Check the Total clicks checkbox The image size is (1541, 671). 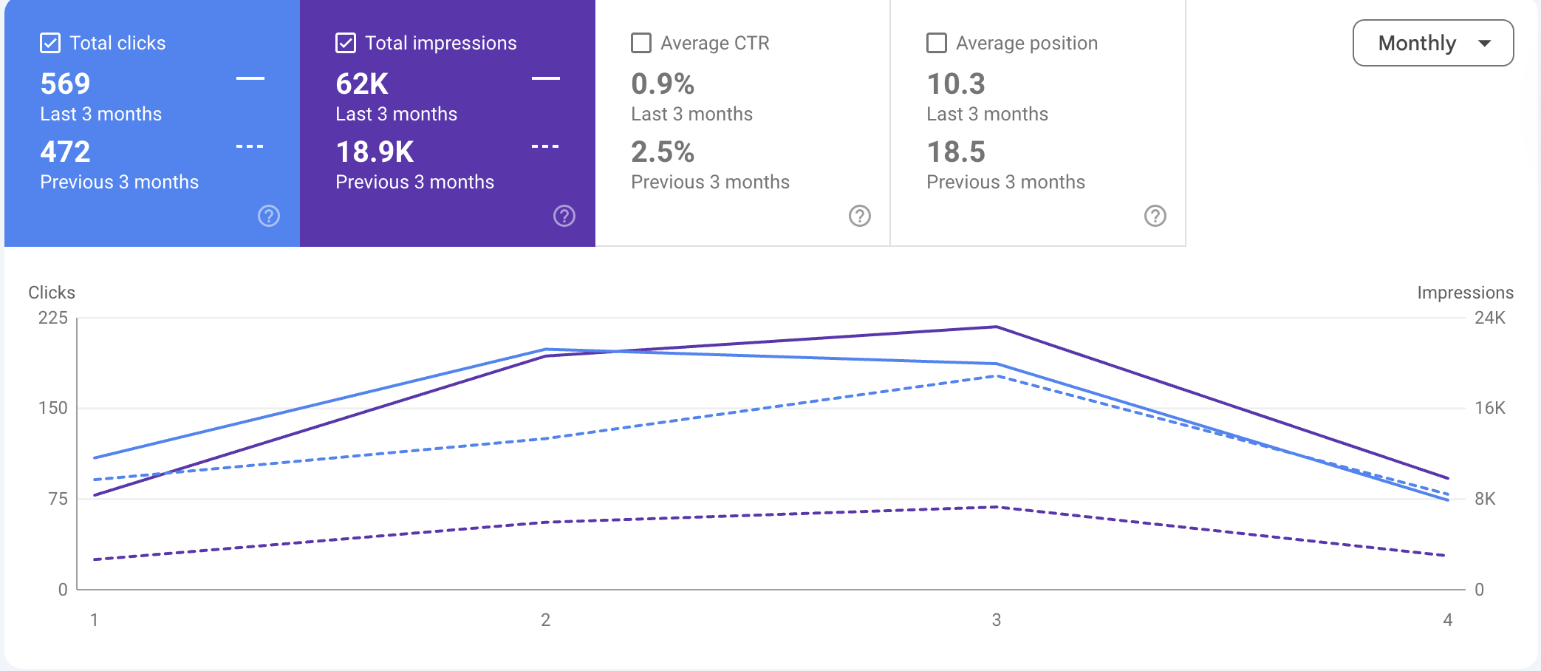(50, 43)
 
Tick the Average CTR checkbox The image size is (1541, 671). (641, 43)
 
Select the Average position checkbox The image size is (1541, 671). (937, 43)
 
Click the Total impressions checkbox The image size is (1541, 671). (346, 43)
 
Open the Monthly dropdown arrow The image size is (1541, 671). (1484, 44)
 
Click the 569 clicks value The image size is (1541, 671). (65, 84)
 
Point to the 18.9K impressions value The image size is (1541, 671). (375, 152)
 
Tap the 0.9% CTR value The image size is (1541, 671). (663, 84)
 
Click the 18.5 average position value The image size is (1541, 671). (956, 152)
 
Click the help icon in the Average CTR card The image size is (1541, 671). (860, 216)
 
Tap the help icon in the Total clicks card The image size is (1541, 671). (269, 216)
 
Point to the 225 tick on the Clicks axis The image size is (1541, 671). (52, 318)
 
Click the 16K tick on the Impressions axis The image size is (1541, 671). (1489, 408)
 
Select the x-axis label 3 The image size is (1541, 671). (997, 620)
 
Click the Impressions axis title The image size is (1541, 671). (1465, 293)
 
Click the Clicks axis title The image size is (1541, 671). (52, 293)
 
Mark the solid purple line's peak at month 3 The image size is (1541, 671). (997, 327)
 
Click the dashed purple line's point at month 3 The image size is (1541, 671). (997, 507)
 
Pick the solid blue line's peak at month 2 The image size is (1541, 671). (545, 350)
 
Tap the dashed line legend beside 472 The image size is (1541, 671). (250, 147)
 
